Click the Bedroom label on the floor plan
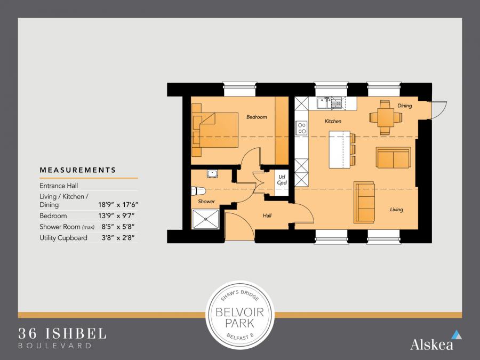click(x=257, y=117)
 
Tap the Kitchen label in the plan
click(x=333, y=121)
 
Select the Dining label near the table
click(x=404, y=106)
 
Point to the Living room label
click(x=396, y=210)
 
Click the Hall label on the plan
click(x=267, y=215)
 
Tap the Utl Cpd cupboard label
click(x=282, y=180)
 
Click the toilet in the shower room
click(x=198, y=191)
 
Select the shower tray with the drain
click(x=205, y=219)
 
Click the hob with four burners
click(x=301, y=128)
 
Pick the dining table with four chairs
click(x=386, y=117)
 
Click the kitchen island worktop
click(x=340, y=149)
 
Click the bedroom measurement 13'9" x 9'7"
click(x=116, y=216)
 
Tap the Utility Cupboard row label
click(x=63, y=238)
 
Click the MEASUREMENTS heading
click(x=78, y=170)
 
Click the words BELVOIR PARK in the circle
click(x=239, y=317)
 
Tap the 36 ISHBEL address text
click(x=62, y=333)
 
